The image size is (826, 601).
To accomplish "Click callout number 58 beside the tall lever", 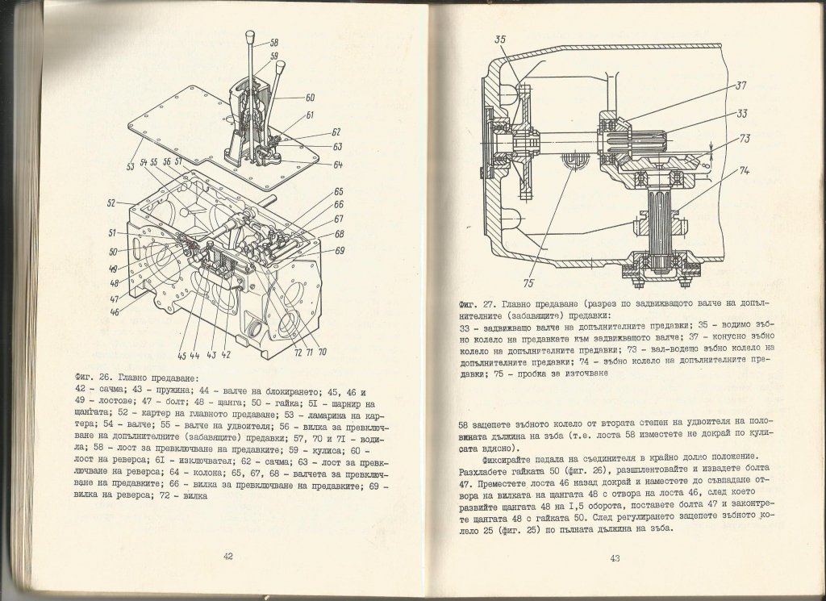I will click(x=274, y=42).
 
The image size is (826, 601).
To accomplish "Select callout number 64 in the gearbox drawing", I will click(x=336, y=165).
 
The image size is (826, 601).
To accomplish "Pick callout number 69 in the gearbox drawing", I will click(x=340, y=251).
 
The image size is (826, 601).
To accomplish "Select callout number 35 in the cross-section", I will click(x=500, y=38).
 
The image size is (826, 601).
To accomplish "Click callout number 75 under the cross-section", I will click(x=526, y=283).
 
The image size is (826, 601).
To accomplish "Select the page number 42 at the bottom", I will click(x=227, y=556).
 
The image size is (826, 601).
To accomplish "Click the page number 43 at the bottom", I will click(x=614, y=557).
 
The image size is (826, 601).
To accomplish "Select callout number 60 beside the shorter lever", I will click(x=310, y=97).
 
